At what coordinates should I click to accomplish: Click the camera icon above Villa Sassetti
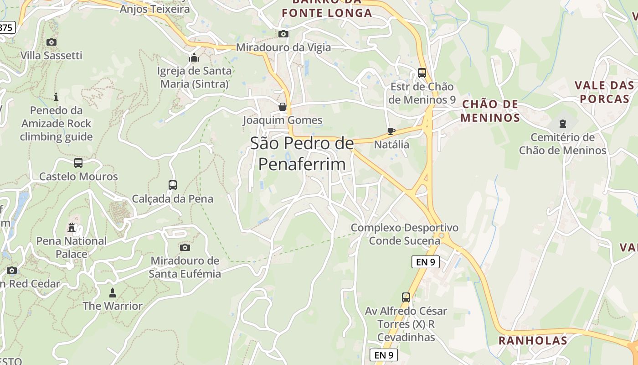pyautogui.click(x=51, y=42)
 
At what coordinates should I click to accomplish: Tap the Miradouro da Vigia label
pyautogui.click(x=283, y=47)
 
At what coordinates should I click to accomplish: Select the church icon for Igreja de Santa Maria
pyautogui.click(x=194, y=58)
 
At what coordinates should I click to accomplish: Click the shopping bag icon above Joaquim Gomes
pyautogui.click(x=283, y=107)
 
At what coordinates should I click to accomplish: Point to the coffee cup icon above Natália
pyautogui.click(x=391, y=131)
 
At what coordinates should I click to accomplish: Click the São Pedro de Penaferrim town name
pyautogui.click(x=302, y=153)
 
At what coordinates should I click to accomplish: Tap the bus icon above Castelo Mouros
pyautogui.click(x=78, y=163)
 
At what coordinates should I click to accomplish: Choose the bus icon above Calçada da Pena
pyautogui.click(x=172, y=185)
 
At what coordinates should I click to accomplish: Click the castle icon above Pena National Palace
pyautogui.click(x=72, y=227)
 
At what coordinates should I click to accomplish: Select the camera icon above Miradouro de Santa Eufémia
pyautogui.click(x=185, y=247)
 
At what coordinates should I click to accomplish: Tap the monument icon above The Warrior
pyautogui.click(x=113, y=292)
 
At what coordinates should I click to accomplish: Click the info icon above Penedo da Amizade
pyautogui.click(x=56, y=97)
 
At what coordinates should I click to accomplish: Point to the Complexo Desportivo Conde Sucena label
pyautogui.click(x=404, y=234)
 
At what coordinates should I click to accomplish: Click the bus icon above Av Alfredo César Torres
pyautogui.click(x=406, y=297)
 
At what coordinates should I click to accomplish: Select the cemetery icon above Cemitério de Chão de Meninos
pyautogui.click(x=562, y=124)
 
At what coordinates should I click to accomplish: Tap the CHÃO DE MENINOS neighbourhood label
pyautogui.click(x=490, y=111)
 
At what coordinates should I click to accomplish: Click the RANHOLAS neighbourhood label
pyautogui.click(x=533, y=340)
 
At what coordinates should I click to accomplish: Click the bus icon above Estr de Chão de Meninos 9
pyautogui.click(x=422, y=73)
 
